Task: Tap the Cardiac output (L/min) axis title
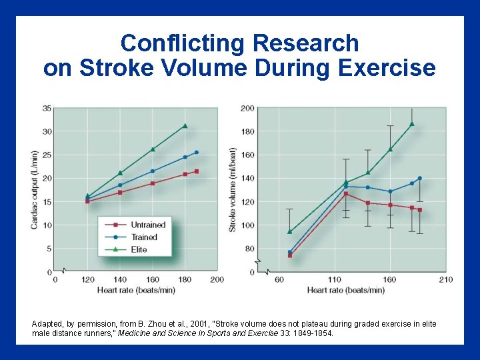tap(34, 190)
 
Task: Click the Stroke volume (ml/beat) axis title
tap(233, 190)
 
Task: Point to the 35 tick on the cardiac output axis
tap(47, 108)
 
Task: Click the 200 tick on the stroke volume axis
tap(247, 108)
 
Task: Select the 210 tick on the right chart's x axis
tap(445, 279)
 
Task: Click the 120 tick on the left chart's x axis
tap(87, 279)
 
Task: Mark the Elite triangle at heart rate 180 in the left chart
tap(185, 126)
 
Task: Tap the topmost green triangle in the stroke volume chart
tap(412, 124)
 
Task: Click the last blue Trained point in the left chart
tap(196, 153)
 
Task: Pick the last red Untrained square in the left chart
tap(196, 171)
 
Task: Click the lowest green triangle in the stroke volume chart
tap(289, 232)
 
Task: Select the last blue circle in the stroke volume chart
tap(419, 178)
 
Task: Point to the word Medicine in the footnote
tap(136, 333)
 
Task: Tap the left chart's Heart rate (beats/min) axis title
tap(137, 290)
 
